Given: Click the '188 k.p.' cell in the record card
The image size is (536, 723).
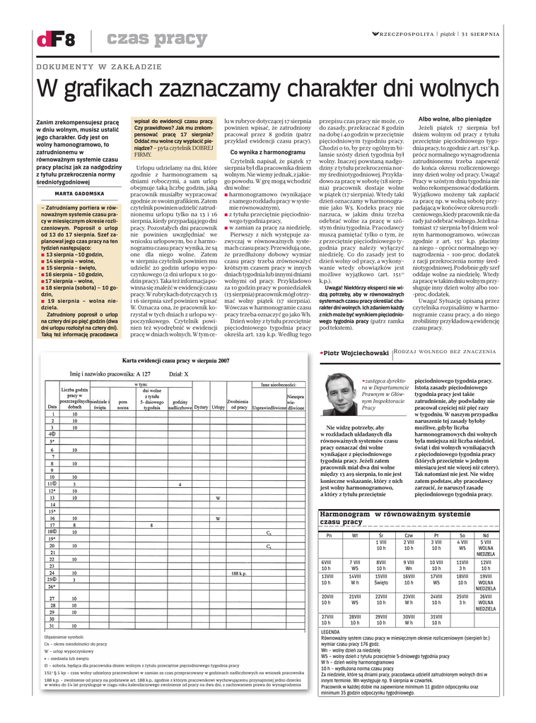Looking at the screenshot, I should pos(238,573).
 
